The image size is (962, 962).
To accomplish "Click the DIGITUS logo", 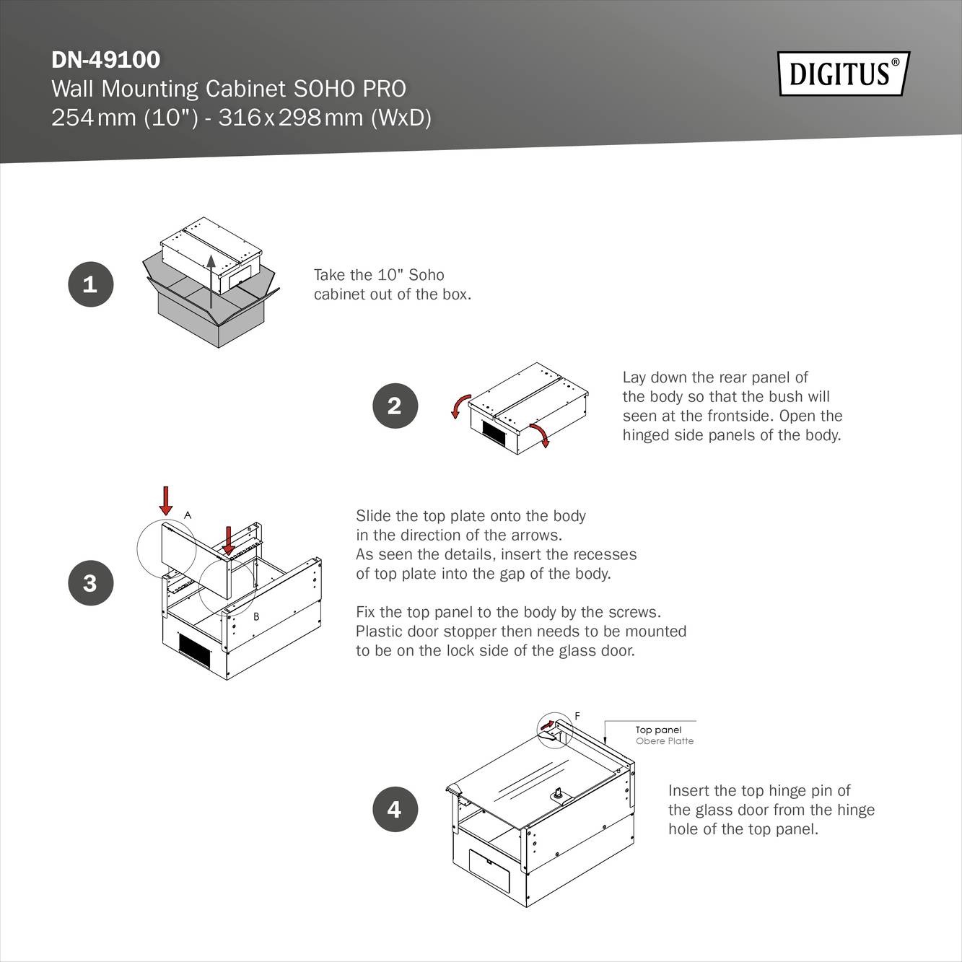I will pos(843,74).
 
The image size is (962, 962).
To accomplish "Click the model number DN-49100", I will pos(106,59).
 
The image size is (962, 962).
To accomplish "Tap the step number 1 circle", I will pos(90,284).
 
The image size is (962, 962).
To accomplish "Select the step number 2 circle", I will pos(395,406).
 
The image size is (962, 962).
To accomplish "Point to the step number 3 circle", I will pos(90,582).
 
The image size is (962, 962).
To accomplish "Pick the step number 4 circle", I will pos(395,809).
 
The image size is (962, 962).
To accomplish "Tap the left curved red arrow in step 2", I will pos(460,406).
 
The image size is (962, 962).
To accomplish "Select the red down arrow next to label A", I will pos(166,500).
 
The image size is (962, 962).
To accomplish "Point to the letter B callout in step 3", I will pos(256,617).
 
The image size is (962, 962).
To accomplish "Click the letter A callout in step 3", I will pos(188,515).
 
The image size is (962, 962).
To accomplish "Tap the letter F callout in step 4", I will pos(577,716).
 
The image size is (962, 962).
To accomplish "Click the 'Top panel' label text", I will pos(658,730).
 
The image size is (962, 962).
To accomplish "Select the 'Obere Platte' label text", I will pos(664,741).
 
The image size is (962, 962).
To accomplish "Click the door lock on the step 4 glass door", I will pos(559,795).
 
